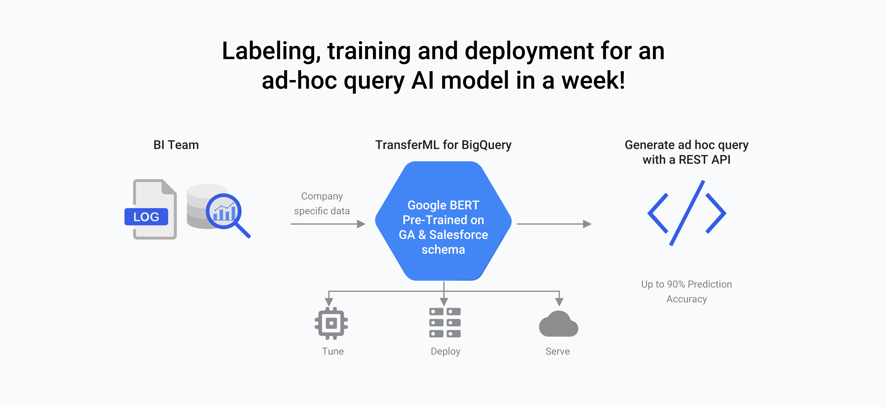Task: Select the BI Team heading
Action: (176, 145)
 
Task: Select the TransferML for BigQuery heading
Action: (443, 145)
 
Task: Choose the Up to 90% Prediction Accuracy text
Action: (687, 291)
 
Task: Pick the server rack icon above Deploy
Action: (445, 323)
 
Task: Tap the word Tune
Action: (333, 351)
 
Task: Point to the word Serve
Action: (557, 351)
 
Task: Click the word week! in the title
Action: (593, 80)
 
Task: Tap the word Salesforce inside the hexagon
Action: (458, 235)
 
